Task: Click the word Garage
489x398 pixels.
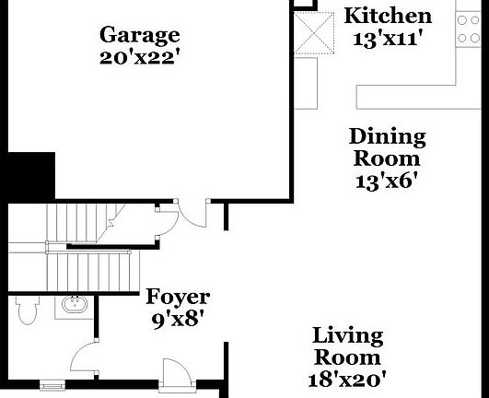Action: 139,35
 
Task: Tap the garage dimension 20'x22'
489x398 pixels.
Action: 139,56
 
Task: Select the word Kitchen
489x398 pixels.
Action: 387,16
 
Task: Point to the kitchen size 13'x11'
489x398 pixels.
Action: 387,38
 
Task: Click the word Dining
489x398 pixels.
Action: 387,137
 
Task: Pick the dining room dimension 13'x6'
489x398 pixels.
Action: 387,181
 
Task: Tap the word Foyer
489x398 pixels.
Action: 178,298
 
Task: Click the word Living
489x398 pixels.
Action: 347,334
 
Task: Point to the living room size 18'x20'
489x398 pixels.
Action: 347,377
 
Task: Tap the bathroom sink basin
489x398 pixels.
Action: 71,306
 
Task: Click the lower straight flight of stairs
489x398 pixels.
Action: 92,270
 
